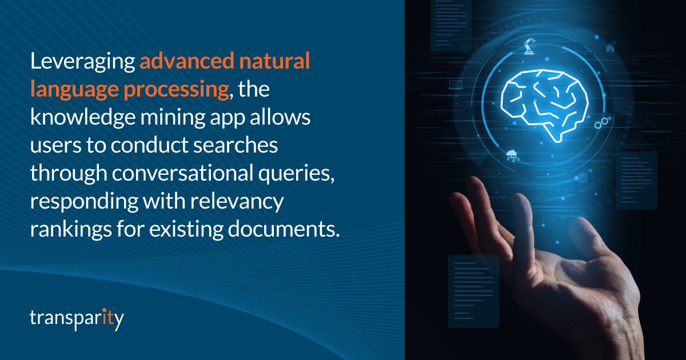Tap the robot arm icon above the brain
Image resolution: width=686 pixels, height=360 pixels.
[x=528, y=46]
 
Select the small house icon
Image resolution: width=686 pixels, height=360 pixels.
[x=610, y=48]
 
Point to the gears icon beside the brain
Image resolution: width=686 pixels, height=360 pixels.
[x=601, y=123]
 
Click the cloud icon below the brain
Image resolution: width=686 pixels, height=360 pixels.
[x=512, y=155]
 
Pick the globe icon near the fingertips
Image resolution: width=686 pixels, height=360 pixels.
[x=582, y=177]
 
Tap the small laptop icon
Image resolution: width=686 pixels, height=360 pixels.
[x=456, y=85]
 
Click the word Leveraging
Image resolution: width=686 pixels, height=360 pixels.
[x=82, y=61]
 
